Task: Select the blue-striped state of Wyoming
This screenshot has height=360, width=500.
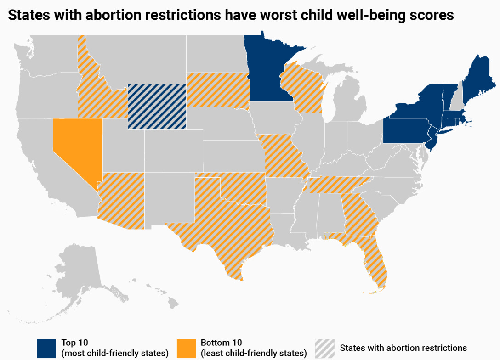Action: click(157, 107)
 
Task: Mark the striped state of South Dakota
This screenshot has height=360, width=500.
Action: click(217, 90)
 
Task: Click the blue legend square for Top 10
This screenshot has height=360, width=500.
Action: click(46, 348)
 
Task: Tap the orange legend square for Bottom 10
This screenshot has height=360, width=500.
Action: click(185, 348)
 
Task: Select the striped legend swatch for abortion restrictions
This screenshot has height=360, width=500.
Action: click(324, 348)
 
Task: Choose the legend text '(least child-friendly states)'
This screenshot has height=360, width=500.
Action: click(254, 353)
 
